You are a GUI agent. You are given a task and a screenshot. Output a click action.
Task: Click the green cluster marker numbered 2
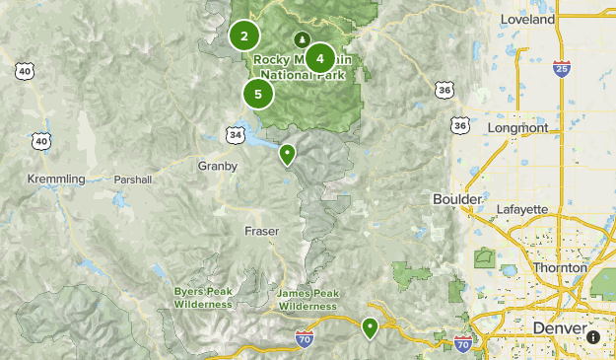(x=243, y=36)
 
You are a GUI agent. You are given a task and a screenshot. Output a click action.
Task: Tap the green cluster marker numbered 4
(x=319, y=58)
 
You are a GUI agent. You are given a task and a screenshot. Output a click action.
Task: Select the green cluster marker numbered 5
(x=257, y=95)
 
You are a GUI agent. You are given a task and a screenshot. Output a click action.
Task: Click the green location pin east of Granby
(x=287, y=154)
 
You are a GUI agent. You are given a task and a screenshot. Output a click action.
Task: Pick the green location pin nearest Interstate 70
(x=370, y=327)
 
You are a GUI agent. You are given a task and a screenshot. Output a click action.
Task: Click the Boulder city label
(x=457, y=199)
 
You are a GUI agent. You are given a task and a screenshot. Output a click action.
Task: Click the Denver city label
(x=558, y=327)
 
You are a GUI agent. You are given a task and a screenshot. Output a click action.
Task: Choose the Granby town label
(x=218, y=167)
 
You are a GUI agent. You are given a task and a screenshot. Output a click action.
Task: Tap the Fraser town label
(x=261, y=231)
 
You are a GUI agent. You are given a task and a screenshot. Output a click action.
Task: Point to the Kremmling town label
(x=56, y=179)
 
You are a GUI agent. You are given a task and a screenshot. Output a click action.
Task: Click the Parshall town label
(x=133, y=180)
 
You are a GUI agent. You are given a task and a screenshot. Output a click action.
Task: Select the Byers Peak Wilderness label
(x=203, y=298)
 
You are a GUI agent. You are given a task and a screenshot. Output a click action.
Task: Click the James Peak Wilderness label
(x=308, y=300)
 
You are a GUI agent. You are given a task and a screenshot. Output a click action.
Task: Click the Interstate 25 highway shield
(x=560, y=68)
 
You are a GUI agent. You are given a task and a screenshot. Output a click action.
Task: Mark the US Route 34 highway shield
(x=235, y=133)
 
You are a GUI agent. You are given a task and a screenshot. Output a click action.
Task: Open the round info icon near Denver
(x=593, y=336)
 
